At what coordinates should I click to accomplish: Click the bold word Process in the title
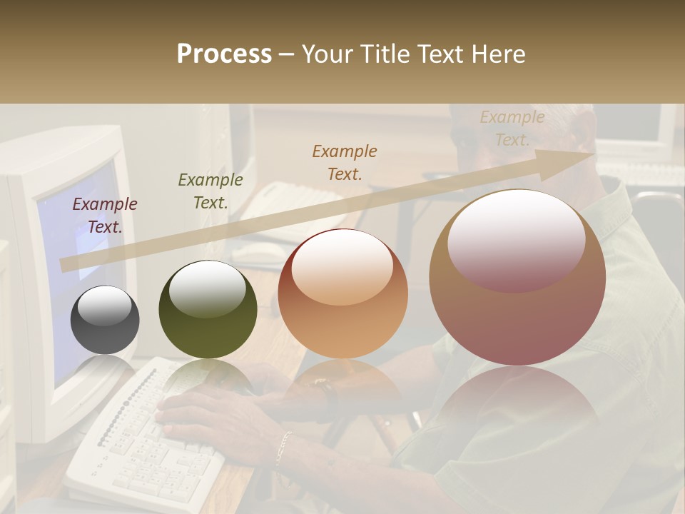point(224,54)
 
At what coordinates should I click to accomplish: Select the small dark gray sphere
point(105,320)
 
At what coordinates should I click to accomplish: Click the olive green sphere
point(208,310)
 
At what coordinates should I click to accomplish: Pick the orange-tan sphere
point(342,294)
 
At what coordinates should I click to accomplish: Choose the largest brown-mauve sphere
point(517,277)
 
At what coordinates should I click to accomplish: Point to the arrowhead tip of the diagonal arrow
point(594,153)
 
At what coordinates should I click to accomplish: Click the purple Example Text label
point(105,216)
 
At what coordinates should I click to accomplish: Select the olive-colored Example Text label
point(210,191)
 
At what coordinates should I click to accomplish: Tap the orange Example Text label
point(345,162)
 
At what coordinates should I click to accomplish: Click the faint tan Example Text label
point(512,128)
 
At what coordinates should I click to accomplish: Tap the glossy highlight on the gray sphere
point(104,306)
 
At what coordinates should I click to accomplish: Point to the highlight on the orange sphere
point(342,267)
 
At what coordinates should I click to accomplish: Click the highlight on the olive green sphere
point(208,288)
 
